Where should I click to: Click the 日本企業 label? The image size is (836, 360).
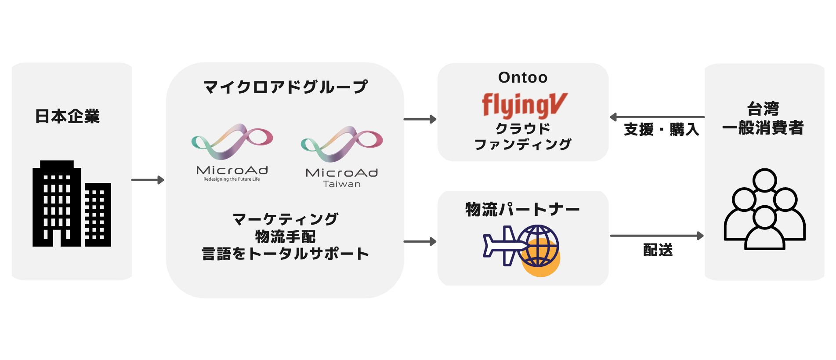click(x=67, y=116)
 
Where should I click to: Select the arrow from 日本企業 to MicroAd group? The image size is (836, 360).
click(x=148, y=180)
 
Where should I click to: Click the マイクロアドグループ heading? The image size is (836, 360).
click(x=285, y=87)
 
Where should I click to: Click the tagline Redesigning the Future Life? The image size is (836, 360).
click(x=232, y=179)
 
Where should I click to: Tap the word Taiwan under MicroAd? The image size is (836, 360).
click(x=342, y=184)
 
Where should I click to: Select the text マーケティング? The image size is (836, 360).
click(x=285, y=219)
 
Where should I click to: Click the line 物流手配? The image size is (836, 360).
click(x=285, y=236)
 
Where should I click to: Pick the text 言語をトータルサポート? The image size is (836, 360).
click(x=285, y=254)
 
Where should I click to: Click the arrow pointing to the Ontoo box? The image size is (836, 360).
click(x=420, y=119)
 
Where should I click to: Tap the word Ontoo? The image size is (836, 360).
click(x=523, y=78)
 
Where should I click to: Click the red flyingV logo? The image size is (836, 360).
click(x=525, y=105)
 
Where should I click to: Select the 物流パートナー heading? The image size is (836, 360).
click(x=523, y=209)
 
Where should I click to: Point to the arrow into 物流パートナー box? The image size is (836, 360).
click(x=420, y=241)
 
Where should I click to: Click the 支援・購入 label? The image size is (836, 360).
click(x=661, y=130)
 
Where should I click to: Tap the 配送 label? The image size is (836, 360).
click(x=658, y=250)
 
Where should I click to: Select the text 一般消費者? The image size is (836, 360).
click(x=763, y=128)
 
